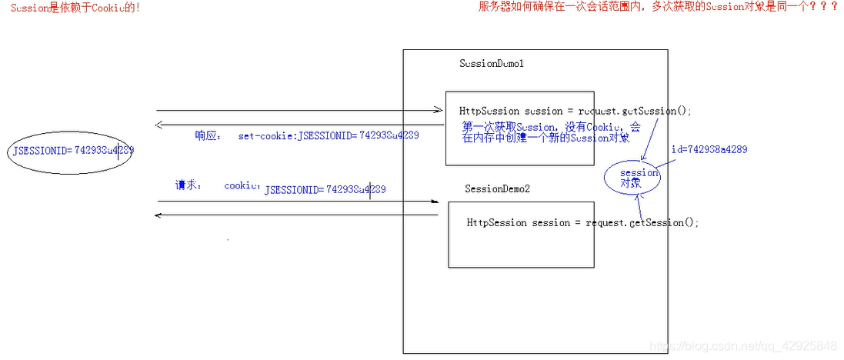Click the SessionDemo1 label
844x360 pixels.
pos(491,64)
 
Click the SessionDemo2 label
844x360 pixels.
pos(497,188)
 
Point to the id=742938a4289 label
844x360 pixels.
pos(709,149)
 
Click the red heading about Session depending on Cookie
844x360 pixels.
pos(75,8)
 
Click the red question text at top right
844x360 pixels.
pos(658,8)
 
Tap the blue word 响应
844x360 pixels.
pos(207,135)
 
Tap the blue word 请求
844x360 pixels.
pos(188,185)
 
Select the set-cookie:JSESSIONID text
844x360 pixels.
pos(329,135)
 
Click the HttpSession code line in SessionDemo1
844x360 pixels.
pos(575,111)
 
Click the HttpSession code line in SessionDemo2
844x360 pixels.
pos(582,222)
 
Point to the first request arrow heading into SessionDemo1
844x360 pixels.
pos(300,111)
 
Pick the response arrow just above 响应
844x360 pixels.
pos(300,125)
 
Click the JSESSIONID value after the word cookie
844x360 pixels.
pos(325,189)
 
